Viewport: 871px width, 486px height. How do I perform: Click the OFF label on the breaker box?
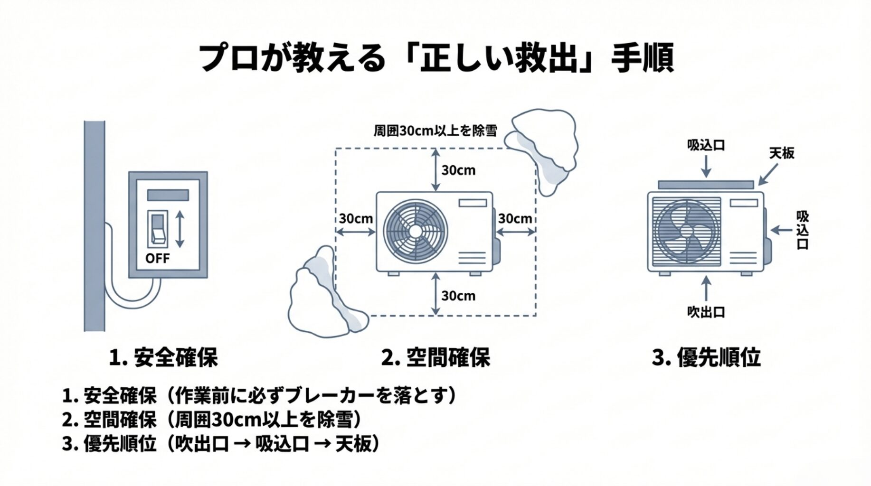[x=157, y=258]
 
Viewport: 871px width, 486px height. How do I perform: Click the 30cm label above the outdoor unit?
[x=458, y=170]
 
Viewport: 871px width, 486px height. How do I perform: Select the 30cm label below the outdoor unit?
[x=458, y=296]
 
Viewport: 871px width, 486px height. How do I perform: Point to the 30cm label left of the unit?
[x=356, y=219]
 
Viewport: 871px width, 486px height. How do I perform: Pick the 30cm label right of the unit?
[x=515, y=219]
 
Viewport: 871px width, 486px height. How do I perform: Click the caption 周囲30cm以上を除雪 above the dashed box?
[x=435, y=131]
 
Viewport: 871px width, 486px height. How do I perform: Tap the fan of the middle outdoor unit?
[x=416, y=231]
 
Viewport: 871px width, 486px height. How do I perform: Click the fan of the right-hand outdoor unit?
[x=687, y=232]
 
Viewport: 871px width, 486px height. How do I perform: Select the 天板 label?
[x=781, y=153]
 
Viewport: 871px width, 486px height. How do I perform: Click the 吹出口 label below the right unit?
[x=706, y=312]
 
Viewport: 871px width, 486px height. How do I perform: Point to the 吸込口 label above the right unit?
[x=706, y=145]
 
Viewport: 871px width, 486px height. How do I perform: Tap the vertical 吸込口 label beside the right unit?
[x=802, y=230]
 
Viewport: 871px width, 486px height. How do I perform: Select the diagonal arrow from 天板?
[x=768, y=174]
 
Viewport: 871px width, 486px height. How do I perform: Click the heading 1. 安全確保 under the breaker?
[x=163, y=357]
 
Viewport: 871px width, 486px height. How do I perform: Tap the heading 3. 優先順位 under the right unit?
[x=706, y=357]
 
